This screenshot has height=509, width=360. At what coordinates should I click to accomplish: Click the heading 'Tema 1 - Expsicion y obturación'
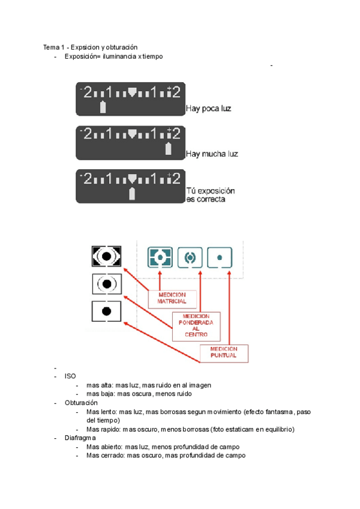tap(90, 47)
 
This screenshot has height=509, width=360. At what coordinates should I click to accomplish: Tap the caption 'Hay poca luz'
tap(208, 109)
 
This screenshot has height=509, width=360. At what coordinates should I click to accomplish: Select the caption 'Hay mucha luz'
tap(211, 154)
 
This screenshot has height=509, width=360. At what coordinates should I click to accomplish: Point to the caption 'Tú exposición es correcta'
tap(209, 195)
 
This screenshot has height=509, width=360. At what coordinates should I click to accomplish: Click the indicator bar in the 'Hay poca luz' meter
tap(103, 107)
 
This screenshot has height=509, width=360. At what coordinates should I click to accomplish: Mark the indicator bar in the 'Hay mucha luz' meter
tap(169, 149)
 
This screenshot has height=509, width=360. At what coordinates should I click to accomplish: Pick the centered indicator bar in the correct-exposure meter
tap(132, 193)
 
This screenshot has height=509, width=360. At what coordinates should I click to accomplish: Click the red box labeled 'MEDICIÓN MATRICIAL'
tap(172, 298)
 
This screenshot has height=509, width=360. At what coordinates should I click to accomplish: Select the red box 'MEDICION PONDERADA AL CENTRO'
tap(196, 326)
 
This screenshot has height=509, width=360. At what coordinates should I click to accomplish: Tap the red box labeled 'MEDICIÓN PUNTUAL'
tap(223, 352)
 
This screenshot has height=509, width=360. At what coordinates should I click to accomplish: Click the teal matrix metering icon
tap(160, 257)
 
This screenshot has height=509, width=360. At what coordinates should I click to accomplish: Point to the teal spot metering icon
tap(220, 257)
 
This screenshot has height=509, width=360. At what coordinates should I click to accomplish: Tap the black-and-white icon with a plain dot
tap(106, 311)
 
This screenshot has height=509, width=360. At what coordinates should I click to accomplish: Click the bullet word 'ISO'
tap(70, 376)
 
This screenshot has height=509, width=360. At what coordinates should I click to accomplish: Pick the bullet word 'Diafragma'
tap(80, 438)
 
